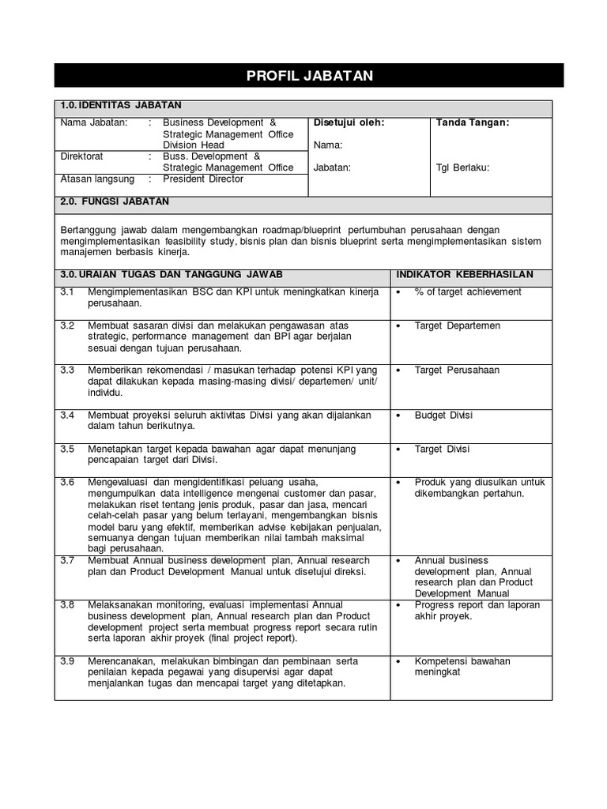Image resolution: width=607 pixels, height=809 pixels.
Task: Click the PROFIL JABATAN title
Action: (x=309, y=76)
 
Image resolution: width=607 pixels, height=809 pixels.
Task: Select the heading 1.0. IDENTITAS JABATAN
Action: (x=121, y=105)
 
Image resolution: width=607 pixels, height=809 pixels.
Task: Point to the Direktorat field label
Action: (x=82, y=156)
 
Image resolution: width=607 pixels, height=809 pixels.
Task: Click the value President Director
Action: (x=203, y=179)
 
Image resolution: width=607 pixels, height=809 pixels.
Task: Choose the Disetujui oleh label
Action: (x=349, y=122)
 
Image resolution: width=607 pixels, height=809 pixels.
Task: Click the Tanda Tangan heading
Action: (x=473, y=122)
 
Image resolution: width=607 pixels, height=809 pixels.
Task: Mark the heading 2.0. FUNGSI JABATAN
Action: (x=115, y=202)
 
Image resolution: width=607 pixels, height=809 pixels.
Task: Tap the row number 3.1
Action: (x=67, y=292)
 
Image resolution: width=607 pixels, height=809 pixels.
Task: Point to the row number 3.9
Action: (x=67, y=661)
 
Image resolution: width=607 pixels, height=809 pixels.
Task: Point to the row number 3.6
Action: (x=67, y=483)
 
